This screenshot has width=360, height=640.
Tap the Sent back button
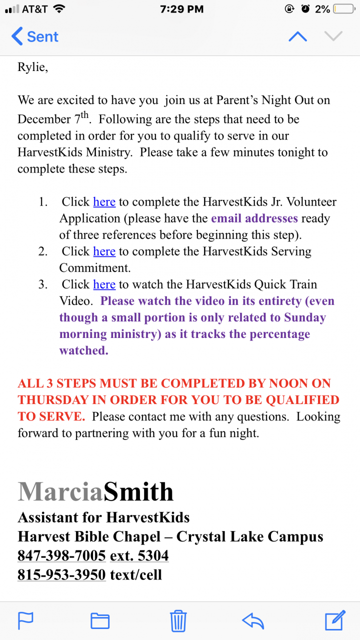tap(35, 36)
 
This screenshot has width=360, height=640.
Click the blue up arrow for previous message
tap(297, 36)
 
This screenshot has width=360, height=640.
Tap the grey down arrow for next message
tap(333, 36)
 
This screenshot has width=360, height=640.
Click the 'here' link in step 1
tap(104, 202)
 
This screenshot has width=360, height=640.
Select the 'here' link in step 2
tap(104, 251)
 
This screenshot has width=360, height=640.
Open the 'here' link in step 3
tap(104, 284)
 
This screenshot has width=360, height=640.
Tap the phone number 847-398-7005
tap(61, 555)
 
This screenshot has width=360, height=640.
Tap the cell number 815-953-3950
tap(61, 574)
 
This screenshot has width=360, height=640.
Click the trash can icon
tap(178, 620)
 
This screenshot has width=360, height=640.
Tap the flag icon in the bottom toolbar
tap(25, 620)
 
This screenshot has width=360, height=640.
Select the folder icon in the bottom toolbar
tap(100, 620)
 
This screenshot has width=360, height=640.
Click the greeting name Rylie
tap(32, 67)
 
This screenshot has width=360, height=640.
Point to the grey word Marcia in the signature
tap(60, 492)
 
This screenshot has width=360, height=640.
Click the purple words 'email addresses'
tap(254, 218)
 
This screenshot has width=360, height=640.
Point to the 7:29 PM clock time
tap(182, 9)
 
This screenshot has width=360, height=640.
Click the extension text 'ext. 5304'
tap(139, 555)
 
